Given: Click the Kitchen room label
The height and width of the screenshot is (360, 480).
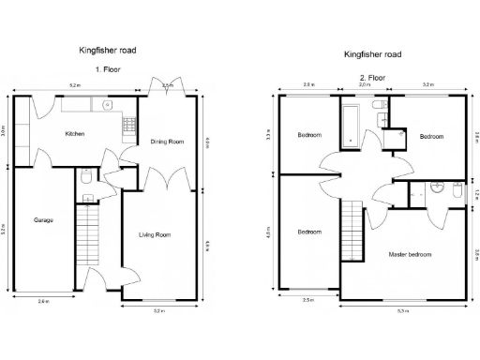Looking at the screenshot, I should coord(75,134).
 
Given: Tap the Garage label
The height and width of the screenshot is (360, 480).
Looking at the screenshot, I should coord(43,220).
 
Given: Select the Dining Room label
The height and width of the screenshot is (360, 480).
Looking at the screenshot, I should coord(167,142).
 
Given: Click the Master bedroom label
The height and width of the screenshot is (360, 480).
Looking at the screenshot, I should coord(410,254).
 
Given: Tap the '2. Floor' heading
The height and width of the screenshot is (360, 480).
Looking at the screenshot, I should coord(372,78).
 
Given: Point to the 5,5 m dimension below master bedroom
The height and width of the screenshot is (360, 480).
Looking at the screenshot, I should coord(403,309).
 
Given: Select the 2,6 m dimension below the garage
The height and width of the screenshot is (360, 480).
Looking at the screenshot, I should coord(43,301).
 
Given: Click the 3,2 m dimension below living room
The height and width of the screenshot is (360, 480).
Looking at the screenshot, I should coord(158,309).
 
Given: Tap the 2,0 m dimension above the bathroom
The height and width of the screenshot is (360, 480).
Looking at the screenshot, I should coord(365,85).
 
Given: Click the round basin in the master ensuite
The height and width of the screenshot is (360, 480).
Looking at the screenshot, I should coord(435,187).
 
